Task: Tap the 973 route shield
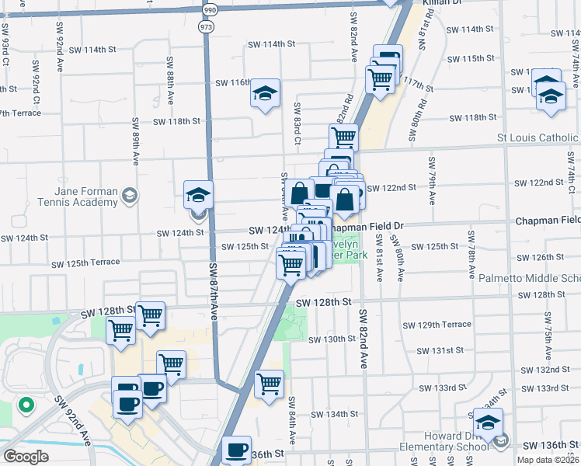(205, 26)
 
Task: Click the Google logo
(26, 456)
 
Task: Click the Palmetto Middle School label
(541, 278)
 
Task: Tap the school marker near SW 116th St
(265, 95)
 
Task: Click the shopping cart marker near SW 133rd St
(269, 383)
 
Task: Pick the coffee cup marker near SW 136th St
(237, 450)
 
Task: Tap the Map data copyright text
(548, 460)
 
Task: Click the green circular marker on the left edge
(25, 405)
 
